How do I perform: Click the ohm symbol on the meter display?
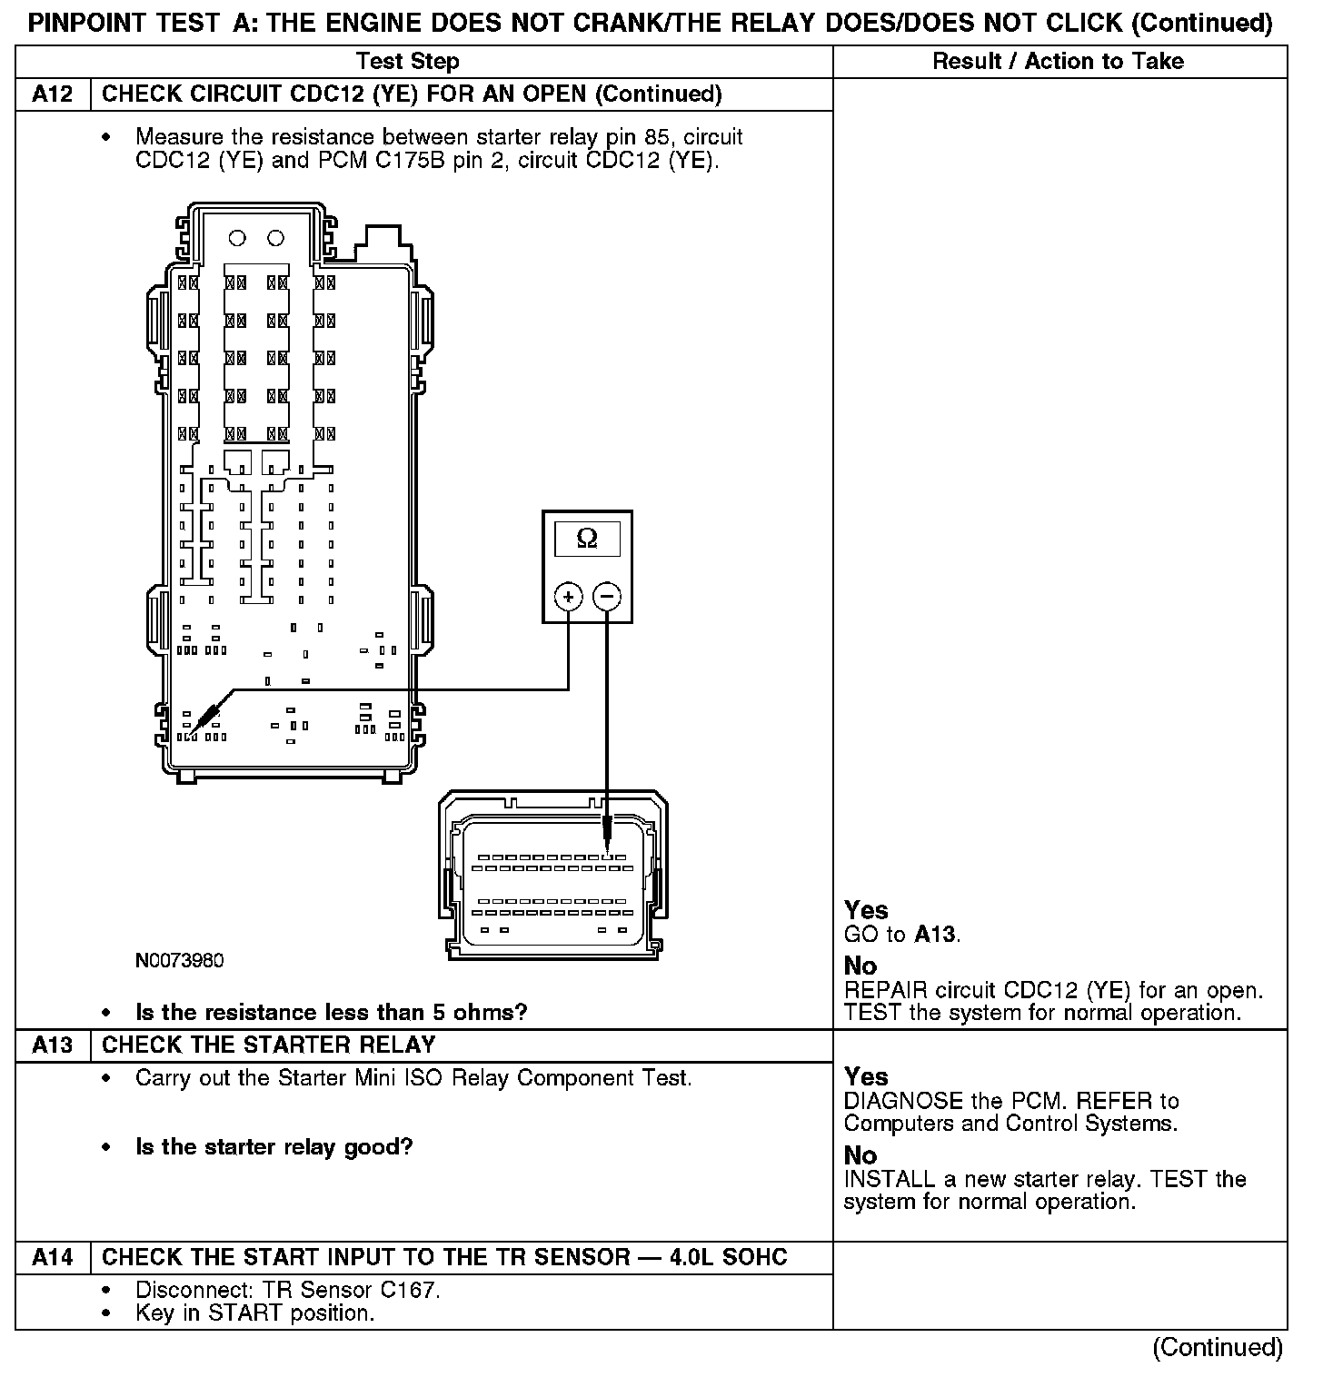(587, 539)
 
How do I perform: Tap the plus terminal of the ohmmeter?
(569, 597)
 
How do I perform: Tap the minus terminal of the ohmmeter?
(607, 597)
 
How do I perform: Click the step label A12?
(53, 94)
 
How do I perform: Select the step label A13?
(53, 1045)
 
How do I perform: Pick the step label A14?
(53, 1257)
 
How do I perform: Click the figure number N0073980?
(179, 960)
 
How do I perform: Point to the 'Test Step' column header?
(408, 62)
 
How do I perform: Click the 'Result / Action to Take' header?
(1059, 62)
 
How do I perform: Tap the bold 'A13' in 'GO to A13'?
(936, 934)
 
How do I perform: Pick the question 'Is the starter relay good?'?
(274, 1147)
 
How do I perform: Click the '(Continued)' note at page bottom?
(1218, 1348)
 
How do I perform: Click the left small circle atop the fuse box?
(237, 238)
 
